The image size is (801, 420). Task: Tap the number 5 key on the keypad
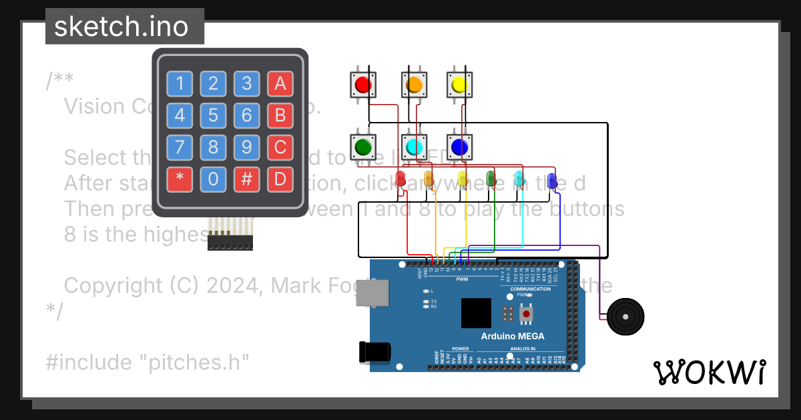(x=213, y=115)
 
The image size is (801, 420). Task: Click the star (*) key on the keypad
(x=180, y=179)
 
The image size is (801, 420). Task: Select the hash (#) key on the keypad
(x=246, y=179)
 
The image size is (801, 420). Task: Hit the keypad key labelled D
(x=280, y=179)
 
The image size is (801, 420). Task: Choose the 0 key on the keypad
(x=213, y=179)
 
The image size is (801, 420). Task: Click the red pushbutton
(x=363, y=85)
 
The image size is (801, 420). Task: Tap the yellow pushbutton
(x=458, y=85)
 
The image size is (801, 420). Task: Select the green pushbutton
(x=363, y=145)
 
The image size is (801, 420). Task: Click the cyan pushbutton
(x=413, y=145)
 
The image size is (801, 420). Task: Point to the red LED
(x=401, y=179)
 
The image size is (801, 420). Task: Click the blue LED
(x=552, y=179)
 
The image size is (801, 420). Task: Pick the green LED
(x=491, y=179)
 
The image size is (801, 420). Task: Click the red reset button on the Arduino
(x=527, y=313)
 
